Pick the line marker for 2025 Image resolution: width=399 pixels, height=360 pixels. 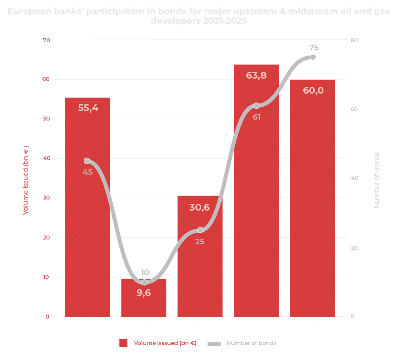pos(313,57)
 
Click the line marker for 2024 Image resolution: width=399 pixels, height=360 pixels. pos(256,106)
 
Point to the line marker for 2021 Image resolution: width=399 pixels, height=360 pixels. pos(87,161)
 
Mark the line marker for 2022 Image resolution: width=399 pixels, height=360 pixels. pos(144,282)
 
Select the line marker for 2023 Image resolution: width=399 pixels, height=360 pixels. pos(200,230)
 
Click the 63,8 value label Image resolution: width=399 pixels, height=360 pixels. pos(256,75)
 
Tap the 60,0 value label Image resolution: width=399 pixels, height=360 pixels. pos(313,90)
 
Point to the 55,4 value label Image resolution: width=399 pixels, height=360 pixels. pos(88,107)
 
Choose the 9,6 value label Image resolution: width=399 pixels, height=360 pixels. pos(144,293)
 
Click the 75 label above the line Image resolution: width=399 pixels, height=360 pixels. pos(314,48)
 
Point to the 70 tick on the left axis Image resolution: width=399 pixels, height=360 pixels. pos(47,40)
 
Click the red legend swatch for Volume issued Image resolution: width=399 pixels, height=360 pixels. pos(123,343)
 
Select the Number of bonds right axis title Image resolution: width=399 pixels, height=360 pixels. pos(376,180)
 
